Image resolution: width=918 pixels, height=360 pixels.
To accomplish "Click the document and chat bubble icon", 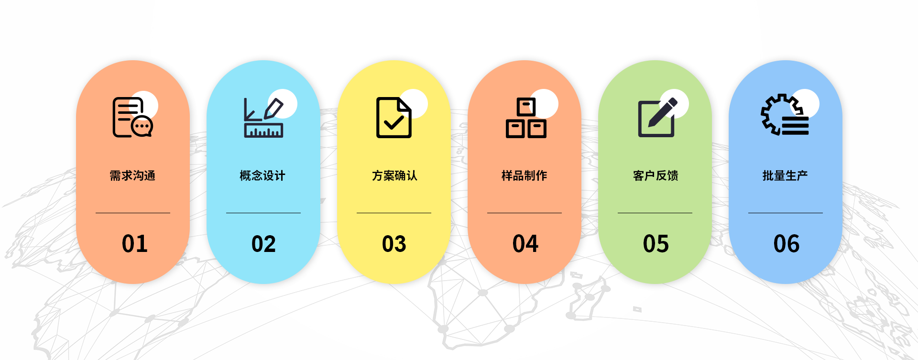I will [x=132, y=117].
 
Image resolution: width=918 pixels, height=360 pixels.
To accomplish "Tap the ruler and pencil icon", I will [x=263, y=118].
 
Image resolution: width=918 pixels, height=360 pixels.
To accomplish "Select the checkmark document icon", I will [x=394, y=118].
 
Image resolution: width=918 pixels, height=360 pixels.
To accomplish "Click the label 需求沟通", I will [x=132, y=176].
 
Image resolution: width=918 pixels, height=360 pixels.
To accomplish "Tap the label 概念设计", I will [x=262, y=176].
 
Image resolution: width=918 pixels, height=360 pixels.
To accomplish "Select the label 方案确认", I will [x=394, y=176].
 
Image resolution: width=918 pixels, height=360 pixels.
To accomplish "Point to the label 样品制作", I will [x=525, y=176].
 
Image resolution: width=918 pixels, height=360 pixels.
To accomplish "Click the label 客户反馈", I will [x=656, y=176].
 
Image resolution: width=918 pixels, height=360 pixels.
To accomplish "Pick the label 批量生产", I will [x=785, y=176].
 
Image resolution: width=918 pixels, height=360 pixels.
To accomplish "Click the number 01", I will [x=134, y=244].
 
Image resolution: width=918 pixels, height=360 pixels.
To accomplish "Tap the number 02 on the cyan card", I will [x=263, y=244].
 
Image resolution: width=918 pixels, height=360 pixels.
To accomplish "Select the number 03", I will [x=394, y=244].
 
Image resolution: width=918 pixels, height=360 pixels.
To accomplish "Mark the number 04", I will [x=525, y=244].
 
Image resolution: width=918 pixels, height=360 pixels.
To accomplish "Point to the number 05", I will [x=656, y=244].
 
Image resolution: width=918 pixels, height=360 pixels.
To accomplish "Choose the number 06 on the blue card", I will [x=786, y=244].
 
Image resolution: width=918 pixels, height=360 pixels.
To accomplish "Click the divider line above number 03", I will [x=394, y=213].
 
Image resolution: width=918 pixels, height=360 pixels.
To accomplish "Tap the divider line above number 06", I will [x=786, y=213].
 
